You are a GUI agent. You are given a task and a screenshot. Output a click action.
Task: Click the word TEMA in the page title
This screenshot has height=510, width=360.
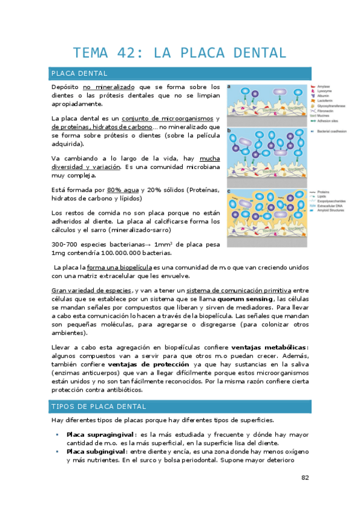pos(93,53)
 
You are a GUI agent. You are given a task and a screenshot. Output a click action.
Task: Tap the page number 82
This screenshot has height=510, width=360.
pos(305,478)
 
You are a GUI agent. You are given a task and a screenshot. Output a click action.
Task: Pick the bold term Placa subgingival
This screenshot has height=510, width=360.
pos(97,451)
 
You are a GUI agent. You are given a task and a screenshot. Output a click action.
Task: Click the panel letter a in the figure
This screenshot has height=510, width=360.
pos(229,86)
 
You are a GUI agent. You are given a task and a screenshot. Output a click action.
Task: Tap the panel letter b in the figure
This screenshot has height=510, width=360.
pos(229,130)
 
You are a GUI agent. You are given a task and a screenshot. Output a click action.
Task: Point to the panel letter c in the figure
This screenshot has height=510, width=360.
pos(229,191)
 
